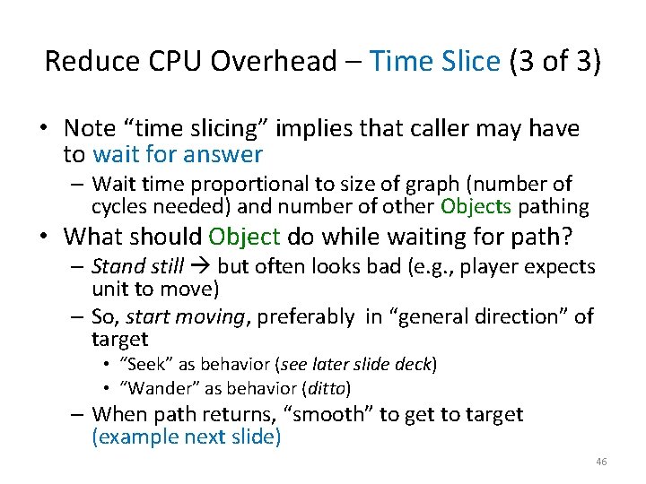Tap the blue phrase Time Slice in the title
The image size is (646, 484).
coord(434,61)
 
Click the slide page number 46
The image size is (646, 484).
coord(600,461)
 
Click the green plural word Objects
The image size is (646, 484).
coord(476,207)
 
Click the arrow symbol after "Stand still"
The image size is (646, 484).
coord(200,267)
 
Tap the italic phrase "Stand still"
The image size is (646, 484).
coord(137,267)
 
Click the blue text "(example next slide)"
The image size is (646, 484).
coord(186,436)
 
